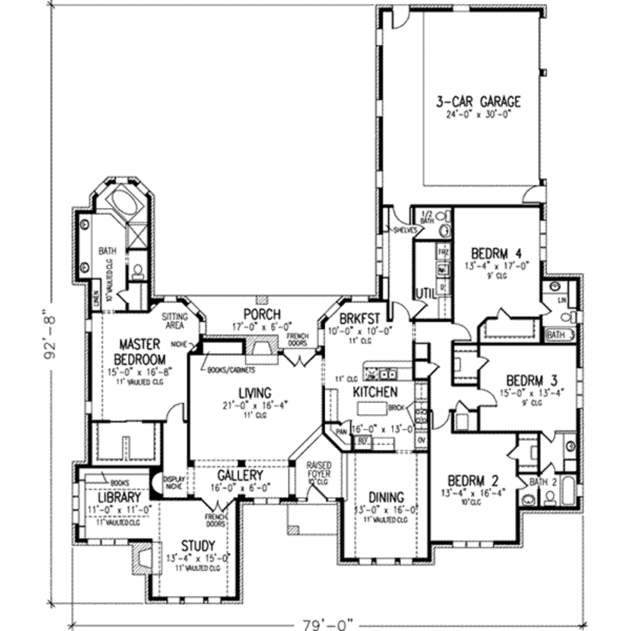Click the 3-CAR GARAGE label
click(478, 102)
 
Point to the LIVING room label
click(254, 393)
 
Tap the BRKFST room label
click(357, 319)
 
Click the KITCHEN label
click(375, 392)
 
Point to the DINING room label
click(386, 497)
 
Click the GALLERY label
click(240, 476)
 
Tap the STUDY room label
click(198, 546)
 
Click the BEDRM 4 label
click(497, 254)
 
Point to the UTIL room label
click(426, 293)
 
